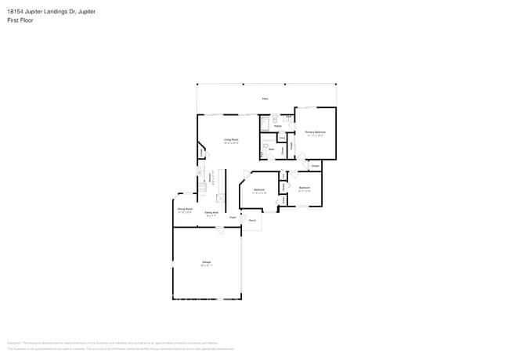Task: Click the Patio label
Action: (265, 99)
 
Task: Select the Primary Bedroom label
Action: (315, 132)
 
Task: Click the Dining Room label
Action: (184, 209)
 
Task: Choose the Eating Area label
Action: (211, 213)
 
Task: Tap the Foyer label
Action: (233, 217)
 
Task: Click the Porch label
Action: (252, 221)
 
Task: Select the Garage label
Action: (207, 261)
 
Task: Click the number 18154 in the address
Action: (15, 12)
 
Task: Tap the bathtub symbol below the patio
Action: (264, 124)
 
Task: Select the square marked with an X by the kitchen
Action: (222, 198)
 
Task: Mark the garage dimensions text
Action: (207, 266)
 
